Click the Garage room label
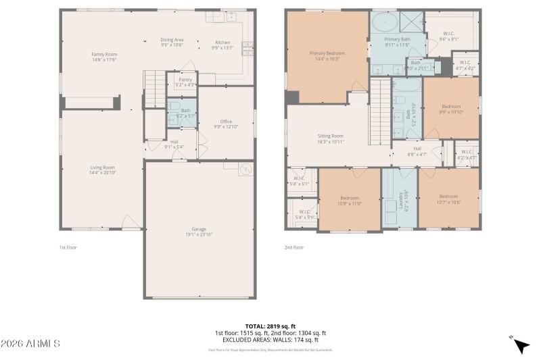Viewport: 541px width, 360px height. pos(199,232)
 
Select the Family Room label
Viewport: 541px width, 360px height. pos(105,57)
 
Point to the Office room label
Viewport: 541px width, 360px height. pos(226,124)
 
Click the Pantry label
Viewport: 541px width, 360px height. pos(185,82)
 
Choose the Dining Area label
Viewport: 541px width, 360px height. pos(172,43)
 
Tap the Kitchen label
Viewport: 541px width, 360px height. pos(222,45)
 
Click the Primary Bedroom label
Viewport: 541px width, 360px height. pos(327,55)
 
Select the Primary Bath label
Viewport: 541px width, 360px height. pos(398,42)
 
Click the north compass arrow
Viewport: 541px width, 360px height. pos(520,344)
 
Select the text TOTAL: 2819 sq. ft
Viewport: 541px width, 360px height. pos(270,326)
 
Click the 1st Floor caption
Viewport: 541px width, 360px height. pos(68,247)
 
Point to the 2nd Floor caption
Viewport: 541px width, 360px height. pos(293,247)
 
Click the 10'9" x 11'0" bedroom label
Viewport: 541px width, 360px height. pos(350,201)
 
